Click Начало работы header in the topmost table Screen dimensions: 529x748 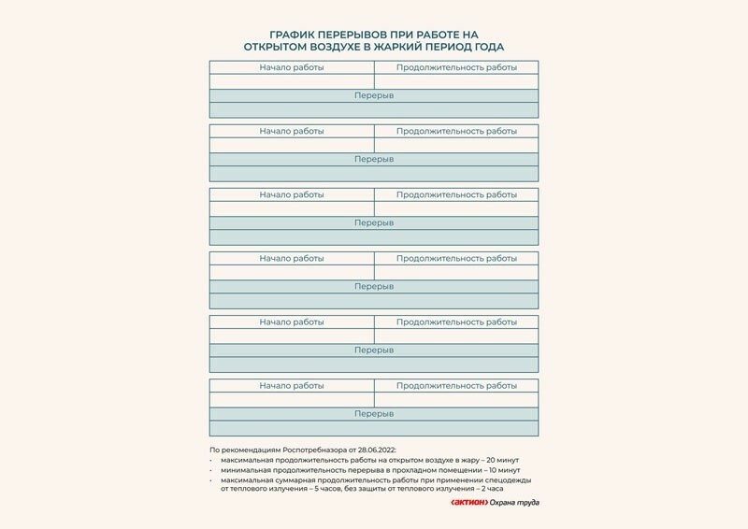click(292, 67)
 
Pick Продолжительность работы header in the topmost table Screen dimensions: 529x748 click(456, 67)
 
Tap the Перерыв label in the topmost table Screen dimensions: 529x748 click(374, 96)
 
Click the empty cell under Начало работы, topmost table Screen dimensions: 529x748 click(292, 81)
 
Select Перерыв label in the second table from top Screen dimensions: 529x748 click(374, 160)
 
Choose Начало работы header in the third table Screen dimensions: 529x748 click(292, 194)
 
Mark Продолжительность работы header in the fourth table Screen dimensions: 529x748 click(456, 258)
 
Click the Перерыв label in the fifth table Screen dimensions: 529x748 click(374, 350)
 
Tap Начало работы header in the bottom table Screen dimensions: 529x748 click(292, 385)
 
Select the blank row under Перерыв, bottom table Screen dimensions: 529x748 click(374, 428)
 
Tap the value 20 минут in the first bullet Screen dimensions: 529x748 click(496, 461)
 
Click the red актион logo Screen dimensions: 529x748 click(468, 503)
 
